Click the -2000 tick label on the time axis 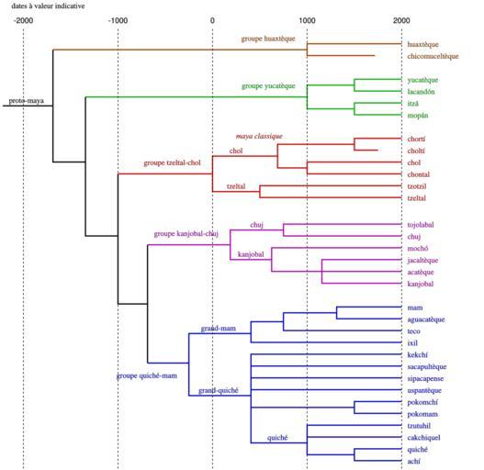pyautogui.click(x=23, y=21)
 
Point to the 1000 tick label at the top pyautogui.click(x=307, y=21)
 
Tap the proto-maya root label pyautogui.click(x=27, y=101)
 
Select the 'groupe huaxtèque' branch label pyautogui.click(x=268, y=39)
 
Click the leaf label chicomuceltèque pyautogui.click(x=433, y=57)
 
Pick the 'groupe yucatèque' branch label pyautogui.click(x=268, y=86)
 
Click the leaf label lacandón pyautogui.click(x=421, y=92)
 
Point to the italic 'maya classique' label pyautogui.click(x=259, y=137)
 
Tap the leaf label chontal pyautogui.click(x=418, y=174)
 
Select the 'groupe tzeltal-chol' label pyautogui.click(x=172, y=163)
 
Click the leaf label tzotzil pyautogui.click(x=417, y=186)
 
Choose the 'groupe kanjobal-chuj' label pyautogui.click(x=186, y=234)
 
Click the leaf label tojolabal pyautogui.click(x=421, y=225)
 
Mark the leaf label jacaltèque pyautogui.click(x=422, y=261)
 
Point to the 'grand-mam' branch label pyautogui.click(x=219, y=329)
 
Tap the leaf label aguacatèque pyautogui.click(x=426, y=319)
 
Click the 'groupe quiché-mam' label pyautogui.click(x=147, y=375)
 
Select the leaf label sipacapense pyautogui.click(x=425, y=379)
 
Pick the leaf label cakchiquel pyautogui.click(x=423, y=438)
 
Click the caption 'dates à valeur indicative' pyautogui.click(x=48, y=6)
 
